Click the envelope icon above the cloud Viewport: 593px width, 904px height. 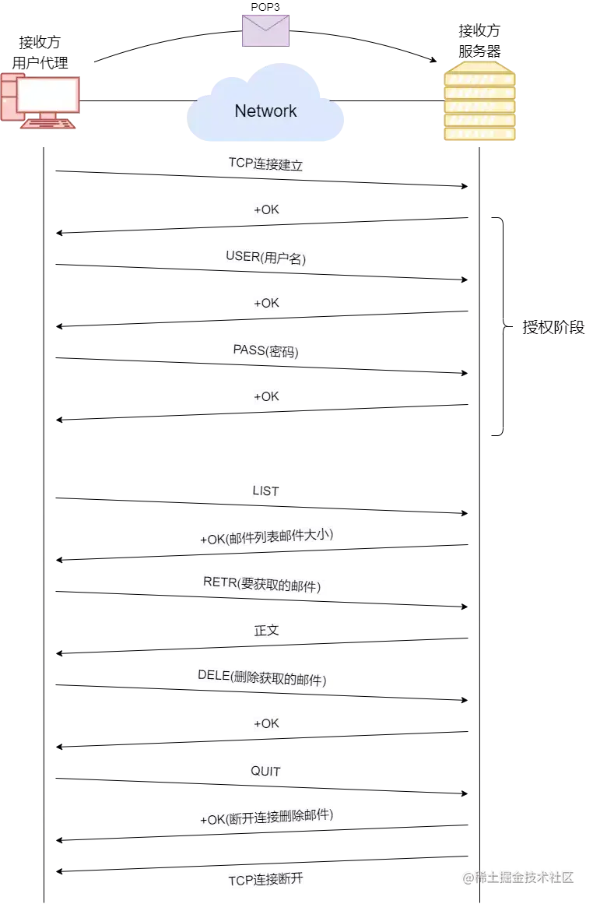266,31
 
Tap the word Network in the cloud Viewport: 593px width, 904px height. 265,111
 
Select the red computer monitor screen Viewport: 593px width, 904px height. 48,95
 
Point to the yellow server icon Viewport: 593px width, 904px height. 479,102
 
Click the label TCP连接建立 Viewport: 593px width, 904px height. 265,164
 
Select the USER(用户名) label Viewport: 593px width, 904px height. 267,257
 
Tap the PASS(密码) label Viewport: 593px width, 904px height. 266,350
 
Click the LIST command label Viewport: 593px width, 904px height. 265,491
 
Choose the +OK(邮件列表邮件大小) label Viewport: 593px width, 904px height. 267,537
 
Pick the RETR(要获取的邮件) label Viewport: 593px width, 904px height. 264,585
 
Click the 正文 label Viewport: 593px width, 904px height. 266,631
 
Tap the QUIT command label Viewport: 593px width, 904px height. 265,771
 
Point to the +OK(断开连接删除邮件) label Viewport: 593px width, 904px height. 267,818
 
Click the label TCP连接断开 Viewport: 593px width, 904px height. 265,881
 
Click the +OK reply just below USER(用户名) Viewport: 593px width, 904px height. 266,303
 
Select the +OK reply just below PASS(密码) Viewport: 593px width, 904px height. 266,396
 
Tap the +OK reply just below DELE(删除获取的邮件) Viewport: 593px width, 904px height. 266,723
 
